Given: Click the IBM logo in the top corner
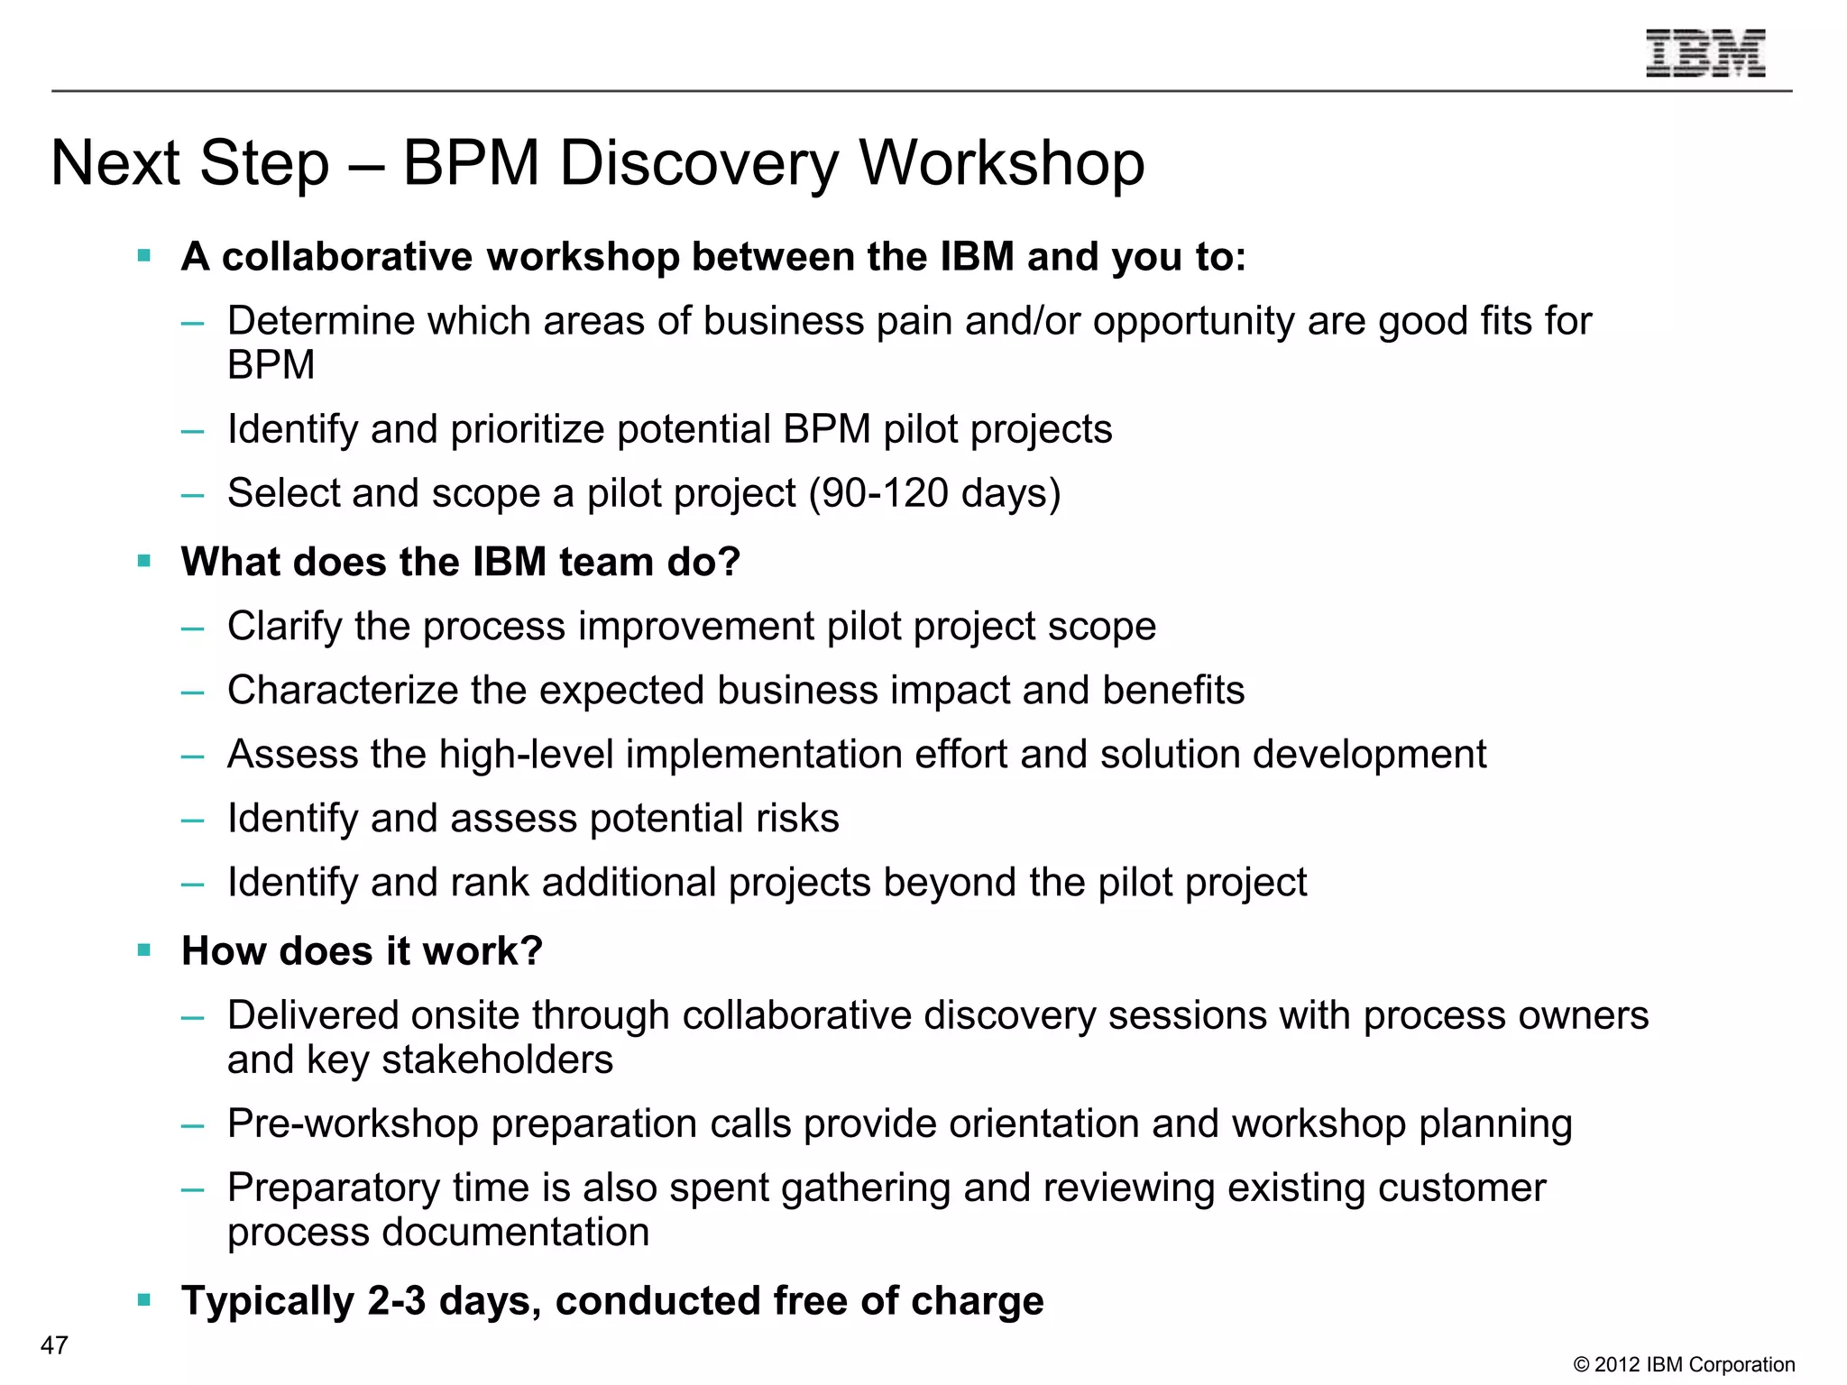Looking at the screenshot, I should [1705, 53].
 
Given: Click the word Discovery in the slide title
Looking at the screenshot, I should [699, 164].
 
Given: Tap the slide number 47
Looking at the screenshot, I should [54, 1345].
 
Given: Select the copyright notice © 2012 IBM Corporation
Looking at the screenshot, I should [1684, 1365].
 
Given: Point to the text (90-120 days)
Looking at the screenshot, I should [934, 494].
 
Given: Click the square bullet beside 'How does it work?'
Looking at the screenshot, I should [144, 949].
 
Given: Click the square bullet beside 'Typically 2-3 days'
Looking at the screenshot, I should [144, 1299].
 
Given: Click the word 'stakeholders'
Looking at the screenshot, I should [497, 1060].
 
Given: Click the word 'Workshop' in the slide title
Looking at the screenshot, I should [1001, 164].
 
